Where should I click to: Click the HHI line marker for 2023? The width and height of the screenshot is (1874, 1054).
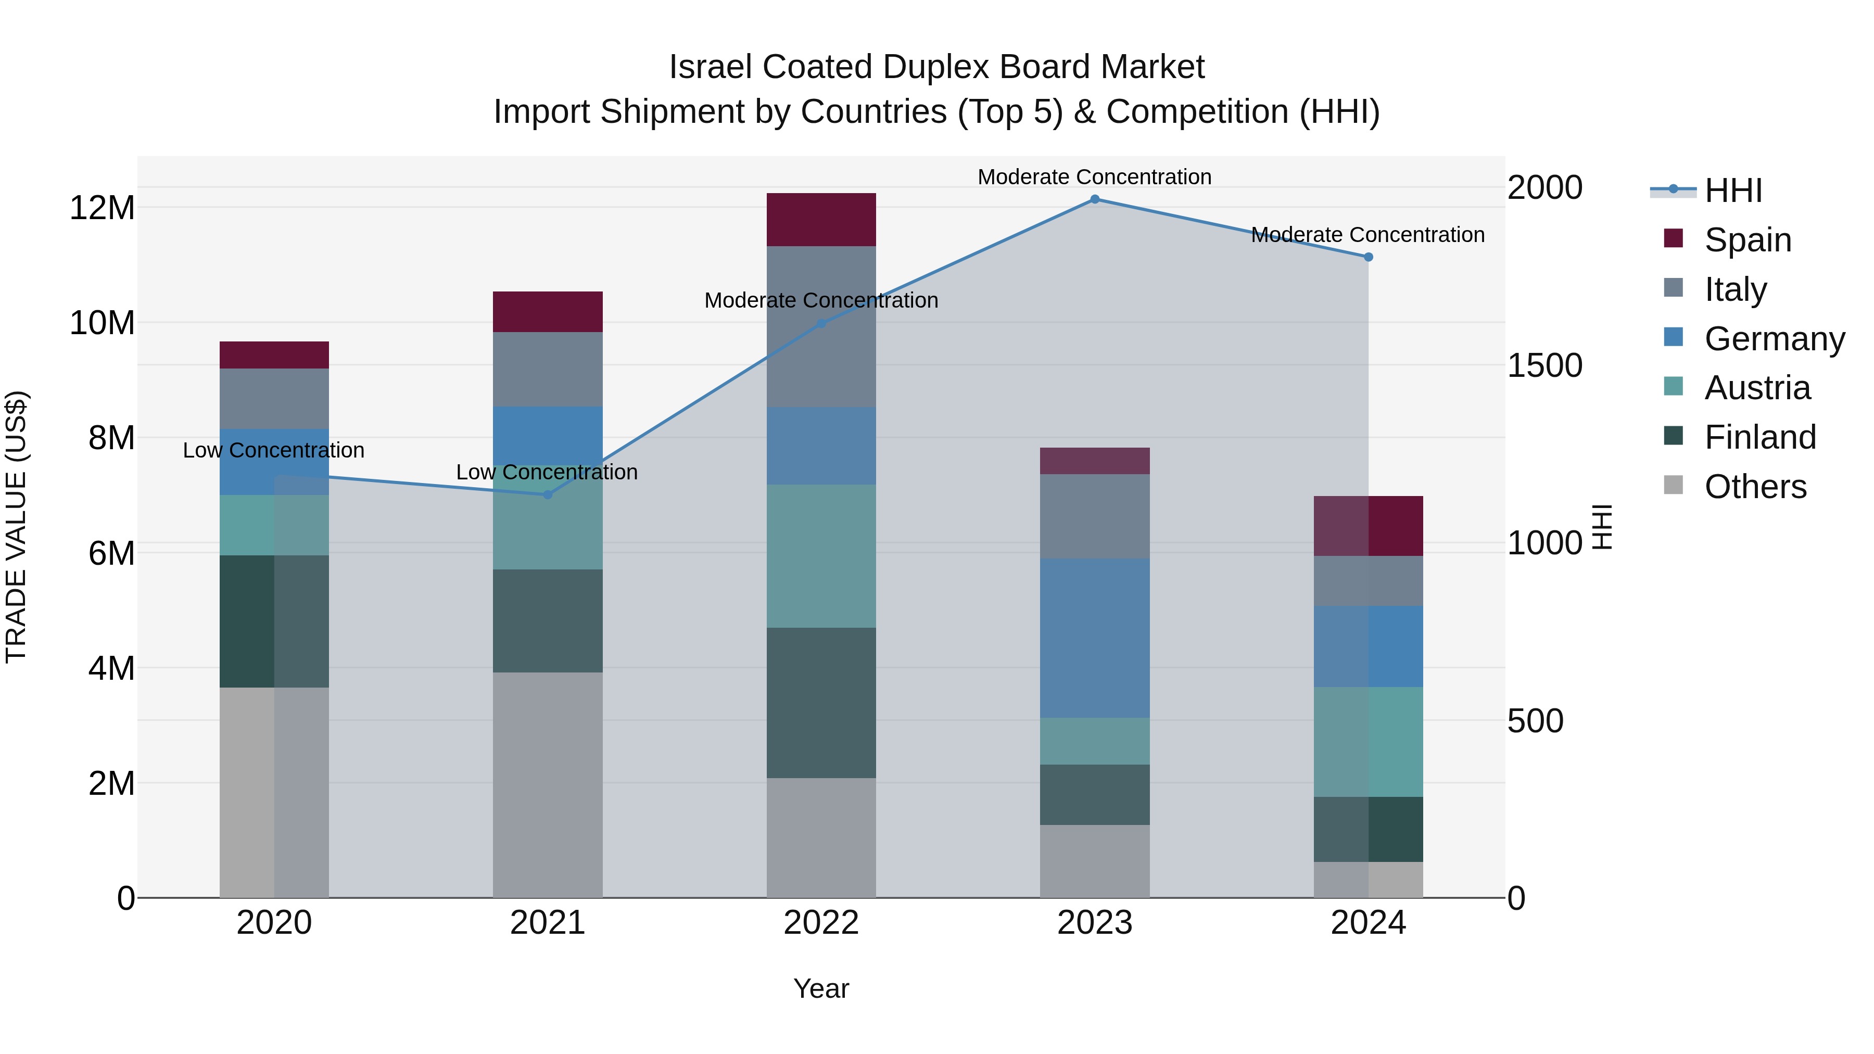point(1094,199)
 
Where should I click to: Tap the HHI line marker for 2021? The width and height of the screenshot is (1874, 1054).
point(548,494)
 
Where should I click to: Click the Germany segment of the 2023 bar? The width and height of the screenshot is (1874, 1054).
point(1094,638)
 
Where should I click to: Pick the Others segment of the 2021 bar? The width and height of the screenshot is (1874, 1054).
point(548,784)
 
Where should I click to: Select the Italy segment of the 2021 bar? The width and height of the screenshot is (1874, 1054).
point(548,369)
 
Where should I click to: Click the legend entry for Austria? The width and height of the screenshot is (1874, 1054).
point(1756,388)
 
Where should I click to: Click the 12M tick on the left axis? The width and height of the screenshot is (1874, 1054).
point(102,208)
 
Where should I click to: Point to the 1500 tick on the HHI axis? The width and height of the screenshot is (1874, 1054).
point(1544,365)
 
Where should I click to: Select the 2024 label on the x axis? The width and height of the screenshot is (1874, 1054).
point(1367,923)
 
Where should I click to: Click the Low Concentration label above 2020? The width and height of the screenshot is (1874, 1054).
point(273,450)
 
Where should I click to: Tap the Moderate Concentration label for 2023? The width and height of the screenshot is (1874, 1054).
point(1094,177)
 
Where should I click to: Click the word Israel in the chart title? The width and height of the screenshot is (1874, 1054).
point(710,67)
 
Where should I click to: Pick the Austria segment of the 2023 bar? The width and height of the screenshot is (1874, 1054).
point(1094,741)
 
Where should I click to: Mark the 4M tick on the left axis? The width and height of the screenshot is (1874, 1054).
point(110,668)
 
